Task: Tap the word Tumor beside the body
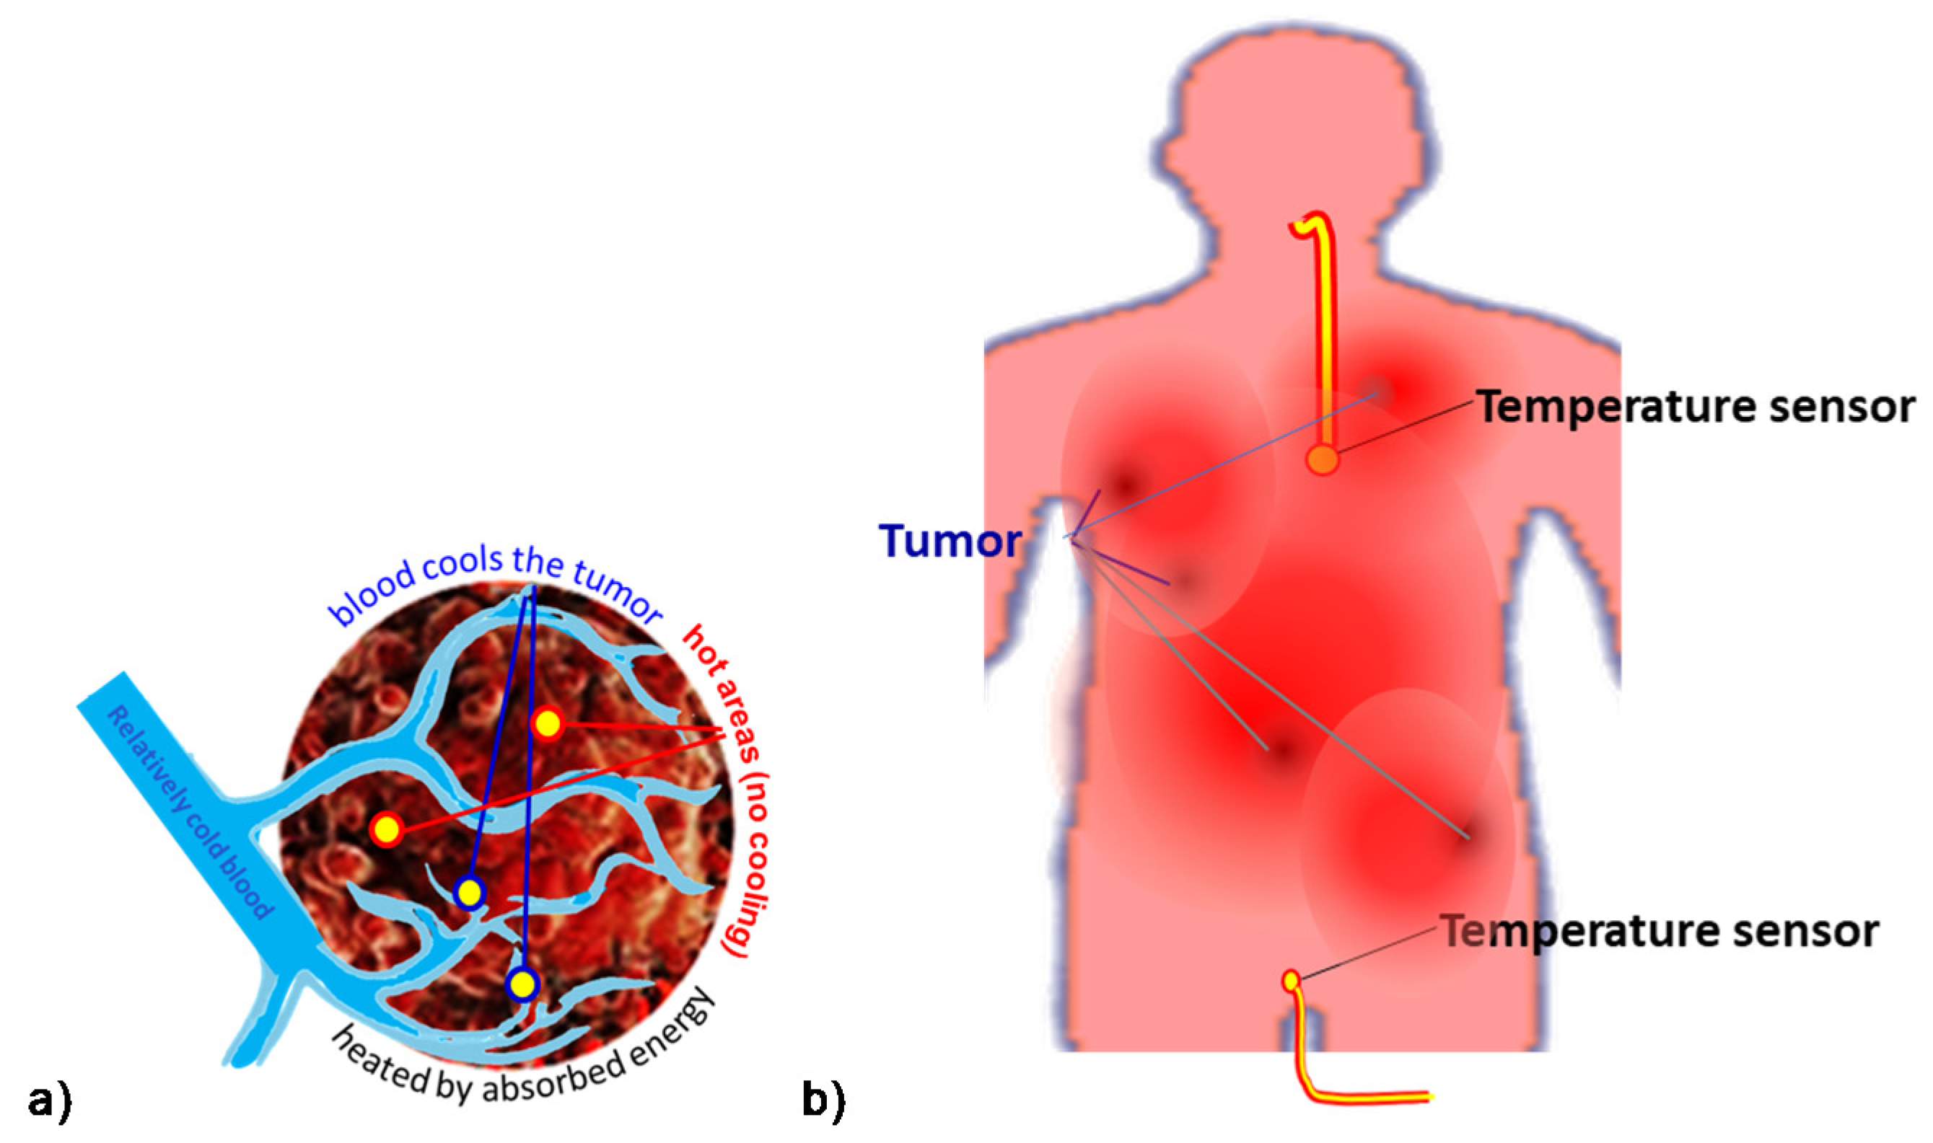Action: [x=950, y=542]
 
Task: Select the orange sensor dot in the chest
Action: [x=1322, y=460]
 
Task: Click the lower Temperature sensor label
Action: [x=1660, y=931]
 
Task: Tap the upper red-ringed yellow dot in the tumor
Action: [x=548, y=723]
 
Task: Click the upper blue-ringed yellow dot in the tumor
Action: [x=469, y=893]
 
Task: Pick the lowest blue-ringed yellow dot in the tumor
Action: [x=522, y=984]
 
